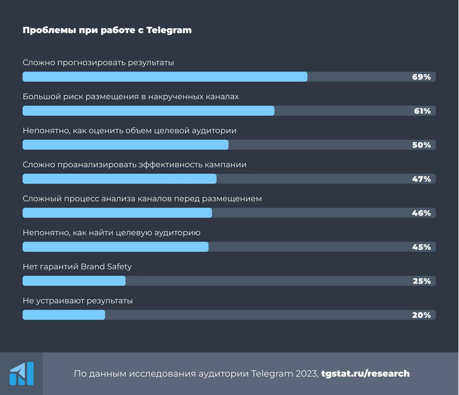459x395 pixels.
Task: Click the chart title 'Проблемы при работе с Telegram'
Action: coord(107,30)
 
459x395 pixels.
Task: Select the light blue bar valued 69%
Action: coord(165,77)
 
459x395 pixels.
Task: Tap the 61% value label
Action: coord(422,111)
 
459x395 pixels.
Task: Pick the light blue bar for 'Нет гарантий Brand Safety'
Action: coord(74,281)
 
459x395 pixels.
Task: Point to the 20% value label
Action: coord(422,315)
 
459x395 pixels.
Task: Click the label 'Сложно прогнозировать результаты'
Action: coord(98,62)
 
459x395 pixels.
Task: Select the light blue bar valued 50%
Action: coord(125,145)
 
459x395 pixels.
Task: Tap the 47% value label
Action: coord(422,179)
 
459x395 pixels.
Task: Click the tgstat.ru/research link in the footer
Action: coord(365,373)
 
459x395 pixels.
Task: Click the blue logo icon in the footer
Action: coord(22,373)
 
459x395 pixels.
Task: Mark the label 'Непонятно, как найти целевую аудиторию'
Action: coord(111,233)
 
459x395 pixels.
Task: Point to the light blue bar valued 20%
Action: coord(64,315)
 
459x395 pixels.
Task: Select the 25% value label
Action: coord(422,281)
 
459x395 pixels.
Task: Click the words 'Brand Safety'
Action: coord(106,267)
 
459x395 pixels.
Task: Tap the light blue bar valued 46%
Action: coord(117,213)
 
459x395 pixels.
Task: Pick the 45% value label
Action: coord(422,247)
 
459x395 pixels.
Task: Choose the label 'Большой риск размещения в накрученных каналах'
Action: coord(131,96)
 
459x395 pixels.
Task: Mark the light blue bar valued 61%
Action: coord(148,111)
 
